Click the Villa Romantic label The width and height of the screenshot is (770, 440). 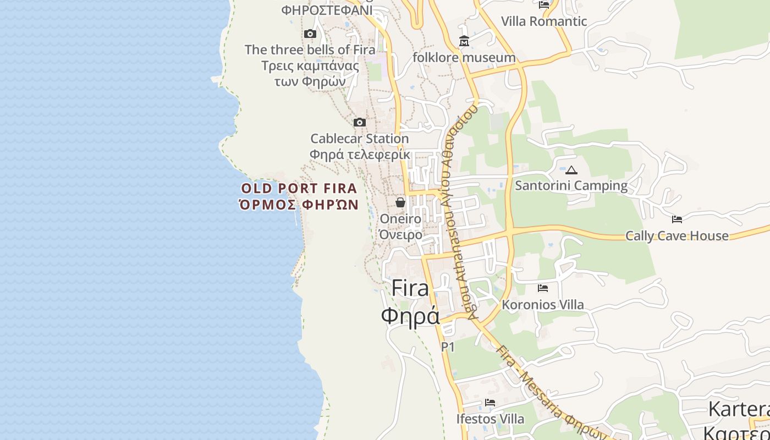[544, 21]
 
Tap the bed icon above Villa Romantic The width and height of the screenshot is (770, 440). [544, 5]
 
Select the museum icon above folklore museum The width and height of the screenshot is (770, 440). [464, 41]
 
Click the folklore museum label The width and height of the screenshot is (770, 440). [464, 57]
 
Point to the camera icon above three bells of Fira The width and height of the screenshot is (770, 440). [310, 34]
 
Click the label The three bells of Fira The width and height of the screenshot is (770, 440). [310, 50]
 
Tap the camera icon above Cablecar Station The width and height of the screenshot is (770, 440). [360, 122]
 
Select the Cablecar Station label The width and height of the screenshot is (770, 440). [360, 139]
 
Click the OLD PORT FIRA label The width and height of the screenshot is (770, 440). [299, 189]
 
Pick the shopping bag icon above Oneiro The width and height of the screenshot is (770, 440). [400, 202]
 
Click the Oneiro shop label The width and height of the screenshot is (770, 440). [400, 219]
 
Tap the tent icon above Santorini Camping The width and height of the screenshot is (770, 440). [571, 170]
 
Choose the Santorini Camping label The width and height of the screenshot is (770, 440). [571, 186]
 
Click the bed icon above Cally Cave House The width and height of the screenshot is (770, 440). [677, 219]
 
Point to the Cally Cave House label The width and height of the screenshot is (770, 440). [677, 236]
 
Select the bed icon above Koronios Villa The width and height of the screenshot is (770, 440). [543, 288]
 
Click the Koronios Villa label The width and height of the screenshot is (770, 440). [543, 305]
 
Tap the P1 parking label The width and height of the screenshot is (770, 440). [448, 347]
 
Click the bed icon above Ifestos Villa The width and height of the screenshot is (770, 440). [490, 403]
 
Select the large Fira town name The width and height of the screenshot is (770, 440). [410, 288]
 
